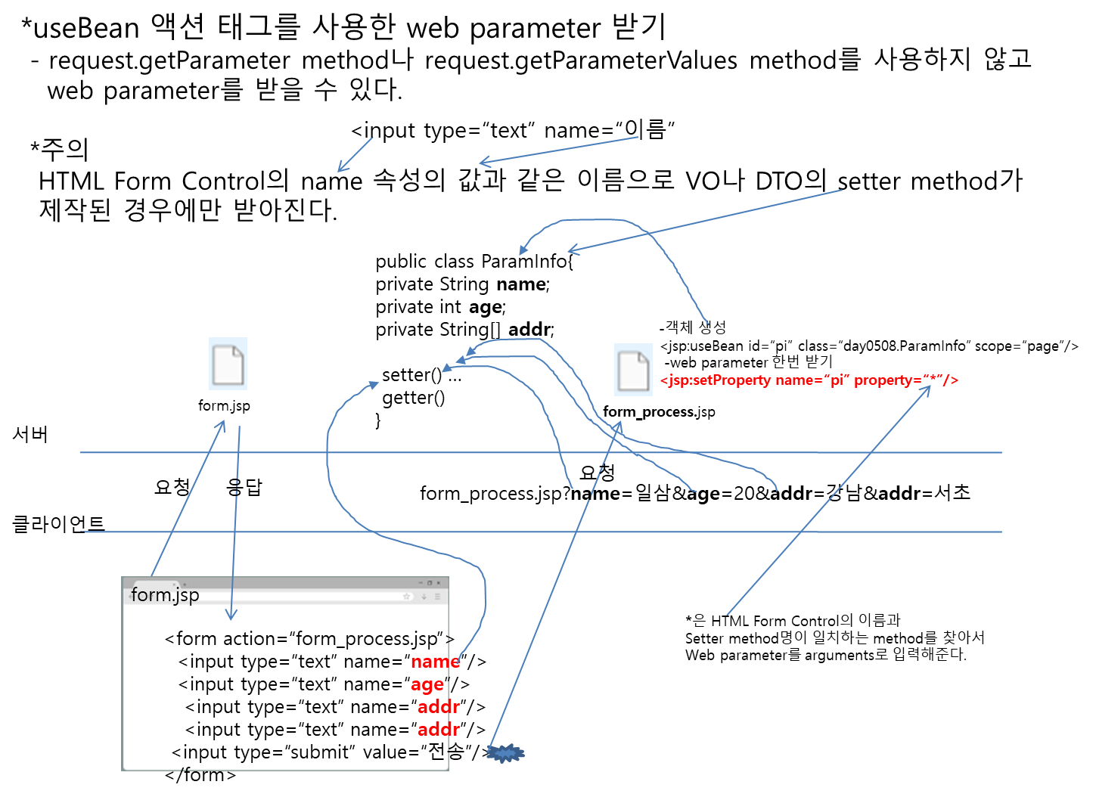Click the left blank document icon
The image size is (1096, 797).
(228, 364)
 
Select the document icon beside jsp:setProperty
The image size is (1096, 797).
(633, 370)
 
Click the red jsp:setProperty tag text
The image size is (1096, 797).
(809, 380)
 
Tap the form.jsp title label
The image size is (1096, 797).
(165, 595)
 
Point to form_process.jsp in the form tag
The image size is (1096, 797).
(365, 639)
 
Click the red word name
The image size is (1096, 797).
(435, 662)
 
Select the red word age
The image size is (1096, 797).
(427, 684)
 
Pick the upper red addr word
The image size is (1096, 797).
(439, 707)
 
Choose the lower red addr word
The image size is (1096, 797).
(439, 730)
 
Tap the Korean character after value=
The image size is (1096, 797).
(436, 752)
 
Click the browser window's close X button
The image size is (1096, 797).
(439, 583)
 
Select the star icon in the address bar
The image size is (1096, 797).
(406, 597)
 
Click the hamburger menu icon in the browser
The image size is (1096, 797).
(437, 597)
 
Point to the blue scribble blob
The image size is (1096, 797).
(505, 753)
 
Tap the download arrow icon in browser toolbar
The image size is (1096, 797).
(424, 597)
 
